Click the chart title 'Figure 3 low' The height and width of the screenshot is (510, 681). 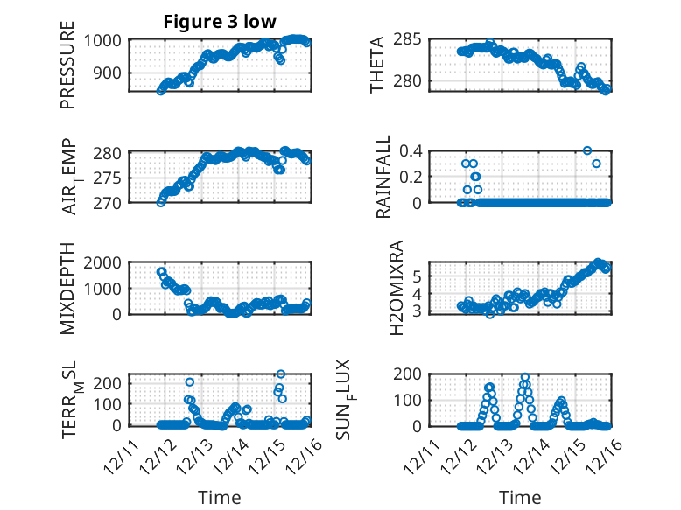220,23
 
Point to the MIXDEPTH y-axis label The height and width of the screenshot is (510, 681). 67,289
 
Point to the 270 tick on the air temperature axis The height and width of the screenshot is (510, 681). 113,203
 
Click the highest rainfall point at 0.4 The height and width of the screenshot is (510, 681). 586,150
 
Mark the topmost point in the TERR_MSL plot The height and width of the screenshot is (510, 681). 281,374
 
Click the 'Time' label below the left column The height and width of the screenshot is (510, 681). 219,498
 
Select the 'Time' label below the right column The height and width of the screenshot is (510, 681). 520,498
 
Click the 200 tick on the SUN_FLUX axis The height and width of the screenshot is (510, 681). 412,374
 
